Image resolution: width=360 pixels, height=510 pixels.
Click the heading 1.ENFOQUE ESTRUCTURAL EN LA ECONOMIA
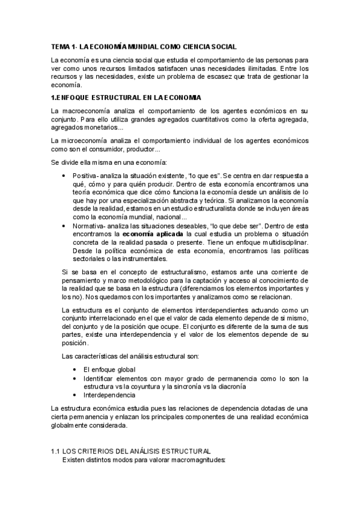[126, 97]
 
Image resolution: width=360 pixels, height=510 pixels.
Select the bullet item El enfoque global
[109, 369]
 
